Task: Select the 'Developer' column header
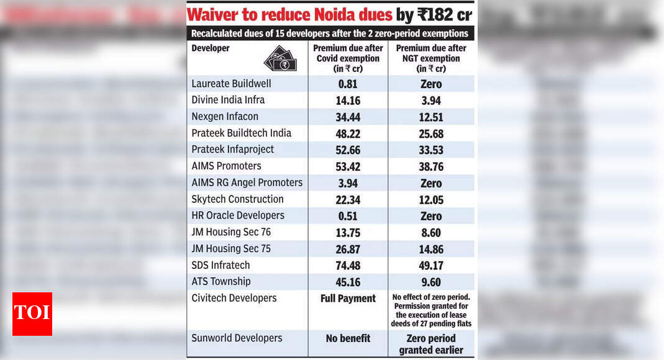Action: [x=210, y=48]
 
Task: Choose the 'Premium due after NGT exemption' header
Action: [x=431, y=58]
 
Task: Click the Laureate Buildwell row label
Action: [x=231, y=84]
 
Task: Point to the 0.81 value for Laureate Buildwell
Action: [x=348, y=84]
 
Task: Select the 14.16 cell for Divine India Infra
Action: [x=348, y=101]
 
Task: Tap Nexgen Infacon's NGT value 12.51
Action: [x=431, y=117]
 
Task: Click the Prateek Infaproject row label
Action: [x=232, y=150]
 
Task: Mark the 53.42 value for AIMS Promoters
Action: [x=348, y=166]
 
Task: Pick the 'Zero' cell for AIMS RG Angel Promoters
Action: [x=431, y=183]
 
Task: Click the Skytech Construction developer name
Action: [x=237, y=199]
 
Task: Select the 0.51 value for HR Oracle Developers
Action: [x=348, y=216]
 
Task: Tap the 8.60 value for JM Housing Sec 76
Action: [x=431, y=232]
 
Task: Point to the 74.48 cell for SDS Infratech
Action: [x=348, y=266]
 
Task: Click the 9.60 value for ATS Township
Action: [x=431, y=282]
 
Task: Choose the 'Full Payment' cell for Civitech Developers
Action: [x=348, y=299]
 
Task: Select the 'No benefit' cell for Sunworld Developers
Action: [x=348, y=338]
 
